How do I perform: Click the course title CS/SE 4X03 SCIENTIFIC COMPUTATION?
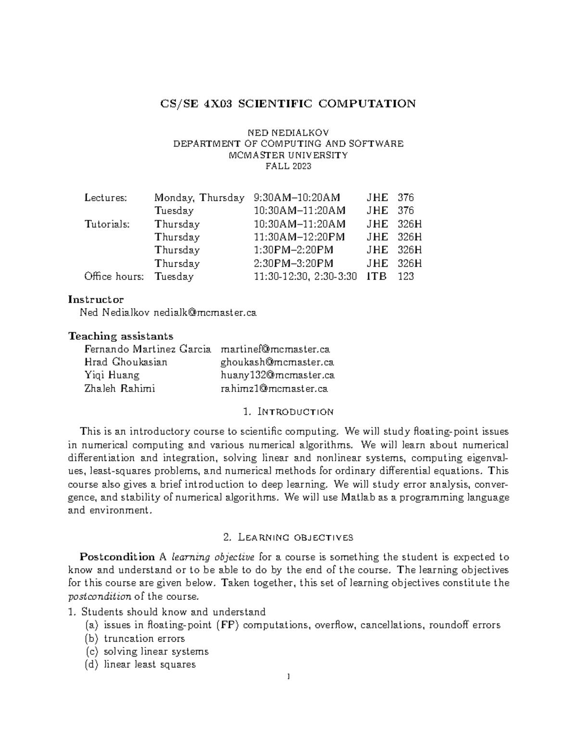pos(288,104)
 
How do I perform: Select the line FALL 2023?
pos(288,166)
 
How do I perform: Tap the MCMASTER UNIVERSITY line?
pos(288,155)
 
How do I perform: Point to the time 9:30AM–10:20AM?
pos(297,198)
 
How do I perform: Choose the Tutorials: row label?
pos(107,224)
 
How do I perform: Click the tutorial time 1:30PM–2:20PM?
pos(293,250)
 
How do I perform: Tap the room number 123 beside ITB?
pos(406,277)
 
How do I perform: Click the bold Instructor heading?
pos(96,300)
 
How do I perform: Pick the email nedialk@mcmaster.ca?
pos(205,313)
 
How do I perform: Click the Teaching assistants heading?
pos(121,336)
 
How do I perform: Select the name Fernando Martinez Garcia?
pos(148,349)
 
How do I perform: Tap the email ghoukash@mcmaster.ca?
pos(277,362)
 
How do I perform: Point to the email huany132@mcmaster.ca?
pos(277,375)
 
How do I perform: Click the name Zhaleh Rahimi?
pos(120,389)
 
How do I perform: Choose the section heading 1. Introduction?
pos(288,412)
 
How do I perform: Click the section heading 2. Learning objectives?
pos(288,537)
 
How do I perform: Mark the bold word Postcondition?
pos(117,557)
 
